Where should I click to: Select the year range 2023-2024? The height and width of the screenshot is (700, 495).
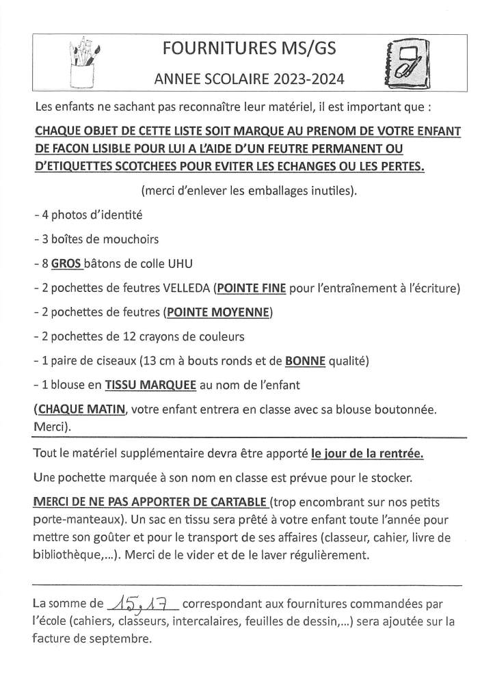[x=307, y=80]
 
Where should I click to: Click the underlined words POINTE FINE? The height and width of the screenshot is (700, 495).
[x=251, y=288]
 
